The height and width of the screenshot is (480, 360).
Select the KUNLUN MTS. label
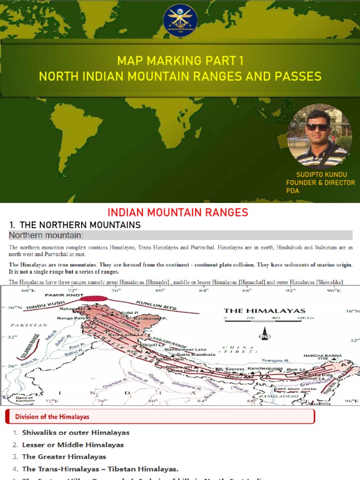pos(157,305)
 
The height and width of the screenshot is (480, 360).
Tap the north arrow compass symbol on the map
pos(265,334)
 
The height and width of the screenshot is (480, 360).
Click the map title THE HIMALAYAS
pos(264,310)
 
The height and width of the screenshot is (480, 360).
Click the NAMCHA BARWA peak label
pos(323,356)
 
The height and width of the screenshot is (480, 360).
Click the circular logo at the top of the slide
pos(180,20)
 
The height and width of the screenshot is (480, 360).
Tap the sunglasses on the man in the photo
pos(318,127)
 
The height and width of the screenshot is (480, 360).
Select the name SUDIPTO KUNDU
pos(319,174)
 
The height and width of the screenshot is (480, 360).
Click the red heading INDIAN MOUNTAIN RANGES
pos(178,212)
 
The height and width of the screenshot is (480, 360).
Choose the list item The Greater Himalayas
pos(64,457)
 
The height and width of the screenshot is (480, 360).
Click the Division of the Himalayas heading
pos(52,416)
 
